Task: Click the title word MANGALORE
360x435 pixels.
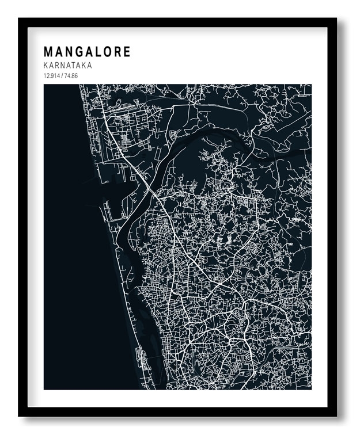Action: [87, 52]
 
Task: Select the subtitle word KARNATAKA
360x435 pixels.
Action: [67, 66]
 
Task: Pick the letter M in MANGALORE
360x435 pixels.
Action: [48, 52]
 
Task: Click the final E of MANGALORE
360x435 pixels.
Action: [127, 52]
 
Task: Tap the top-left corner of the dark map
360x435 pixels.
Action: [44, 85]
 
